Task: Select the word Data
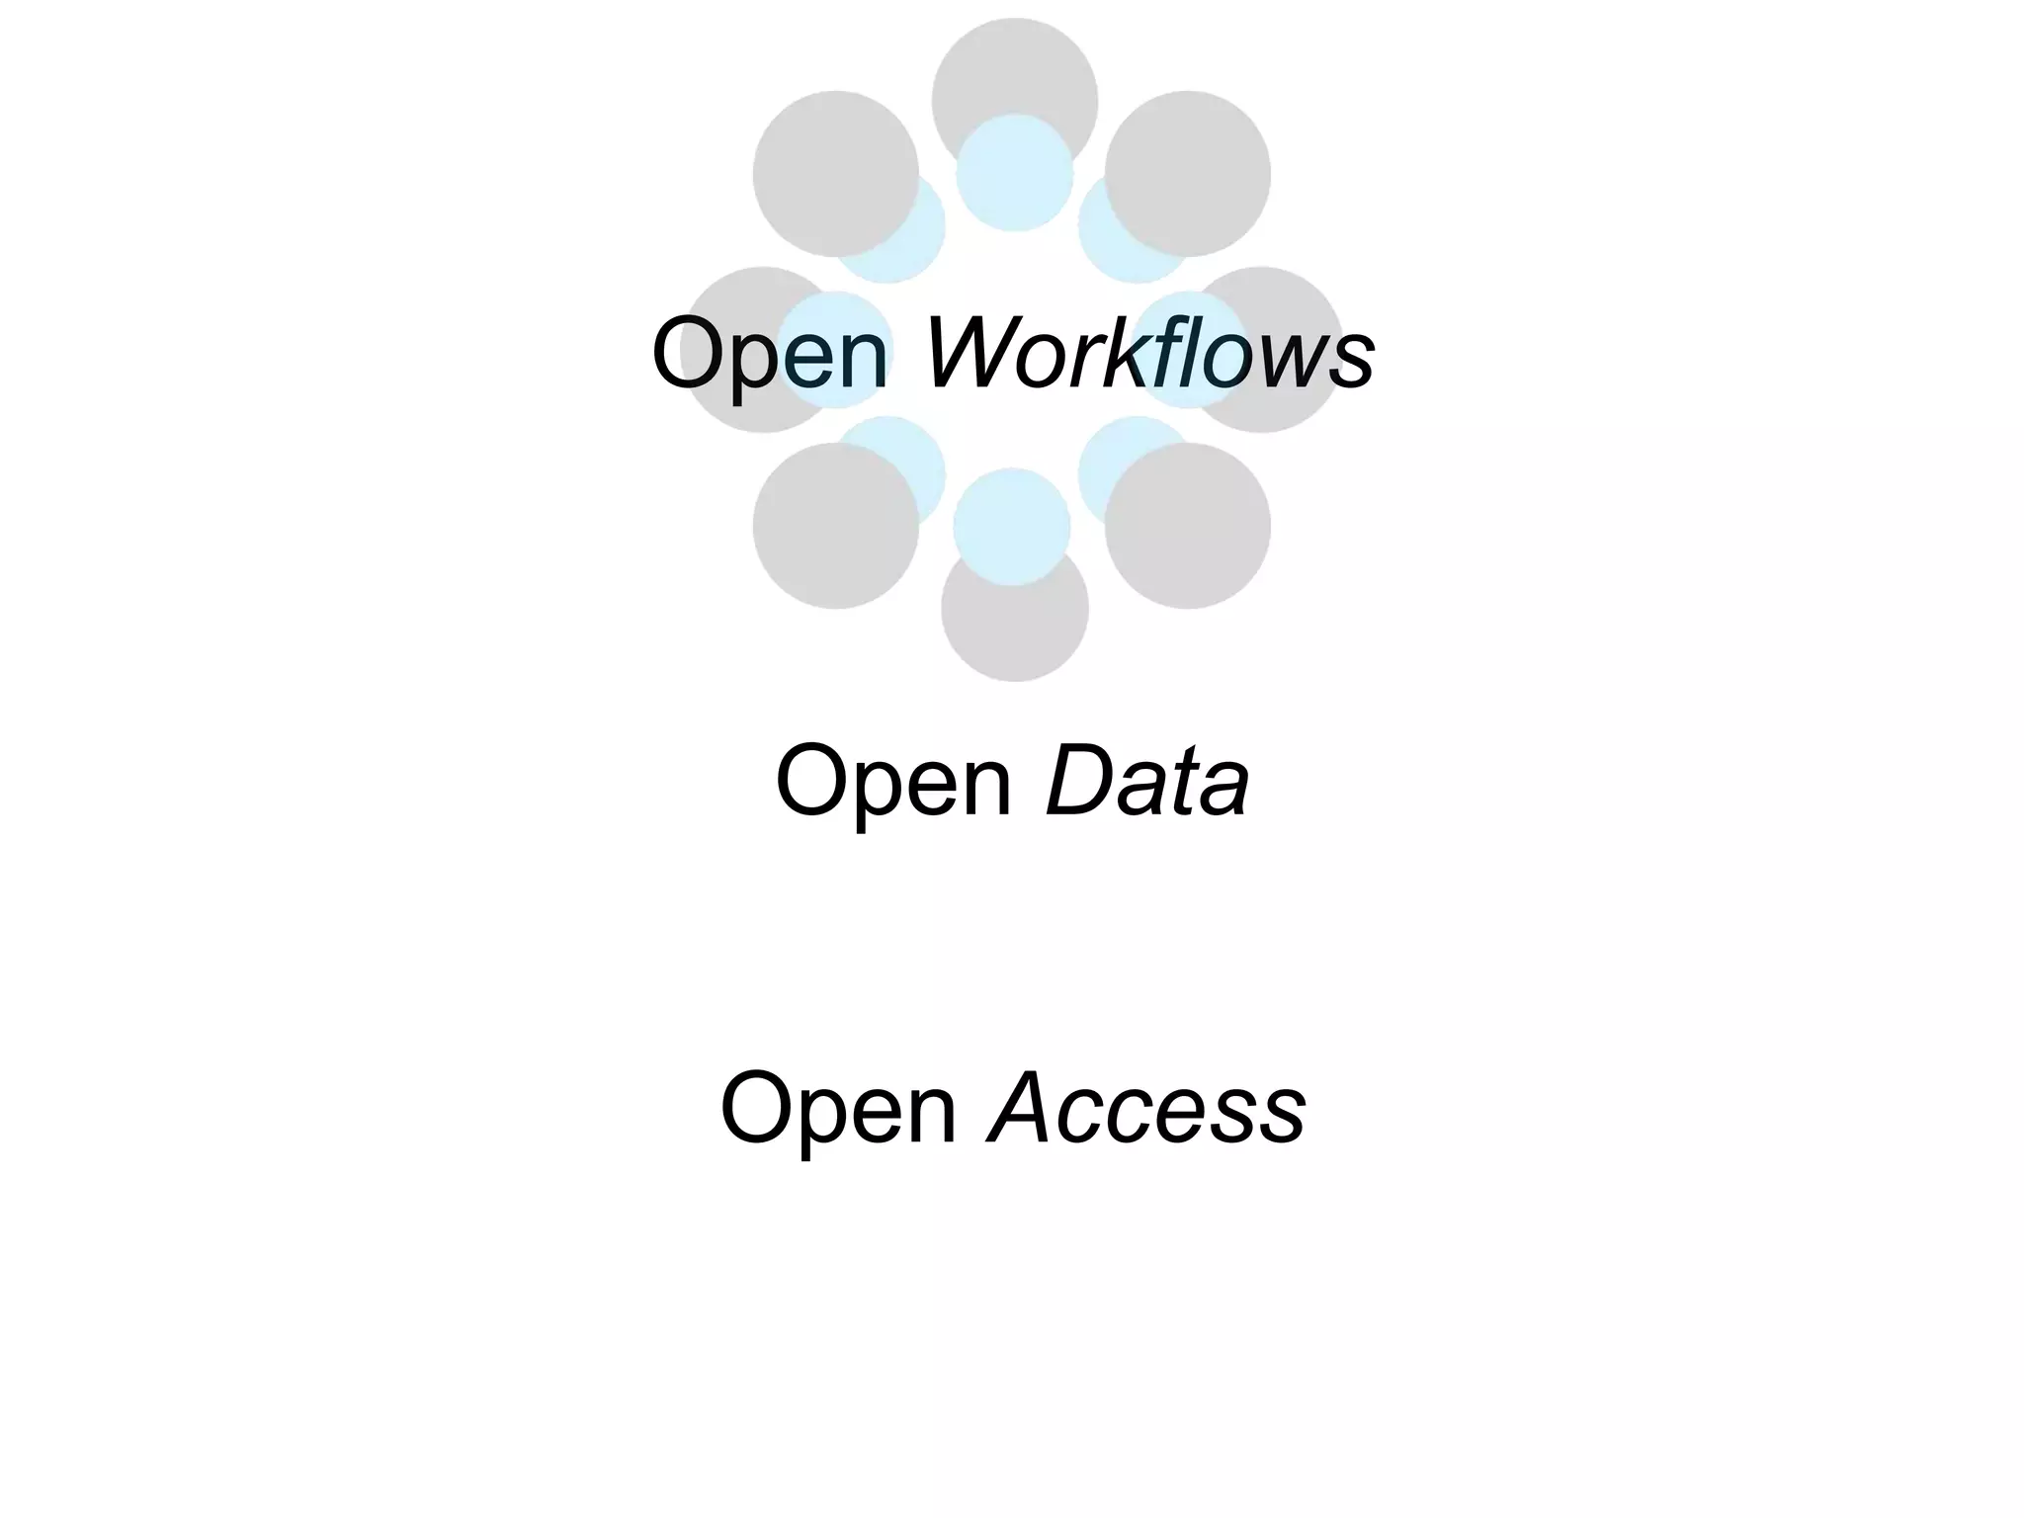(1147, 782)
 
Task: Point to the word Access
(1147, 1109)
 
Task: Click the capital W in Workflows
(970, 352)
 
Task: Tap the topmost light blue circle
(1015, 173)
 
